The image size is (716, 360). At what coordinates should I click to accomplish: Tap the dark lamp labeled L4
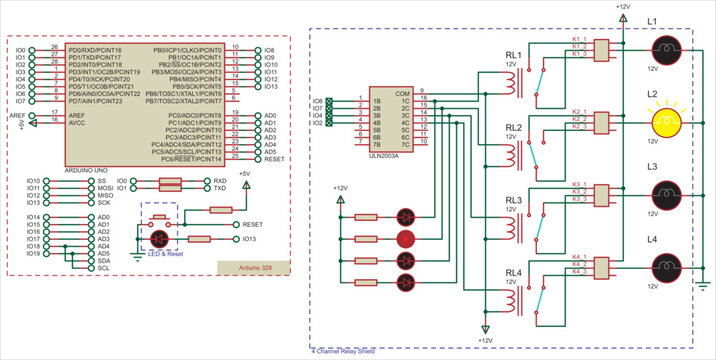(x=666, y=265)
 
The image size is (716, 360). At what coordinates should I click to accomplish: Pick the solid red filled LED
(x=406, y=238)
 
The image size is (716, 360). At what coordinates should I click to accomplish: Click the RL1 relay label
(x=514, y=55)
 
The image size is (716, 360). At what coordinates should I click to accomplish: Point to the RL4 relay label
(x=514, y=272)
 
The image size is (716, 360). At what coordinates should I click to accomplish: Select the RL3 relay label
(x=514, y=200)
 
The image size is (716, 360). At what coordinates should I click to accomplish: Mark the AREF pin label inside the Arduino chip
(x=76, y=116)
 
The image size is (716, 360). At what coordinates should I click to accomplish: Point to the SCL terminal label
(x=103, y=268)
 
